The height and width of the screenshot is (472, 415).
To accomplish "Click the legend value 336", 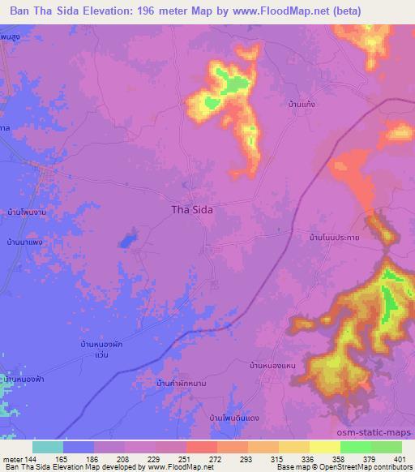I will (308, 459).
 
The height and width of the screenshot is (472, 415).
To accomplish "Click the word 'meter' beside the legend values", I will (12, 459).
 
